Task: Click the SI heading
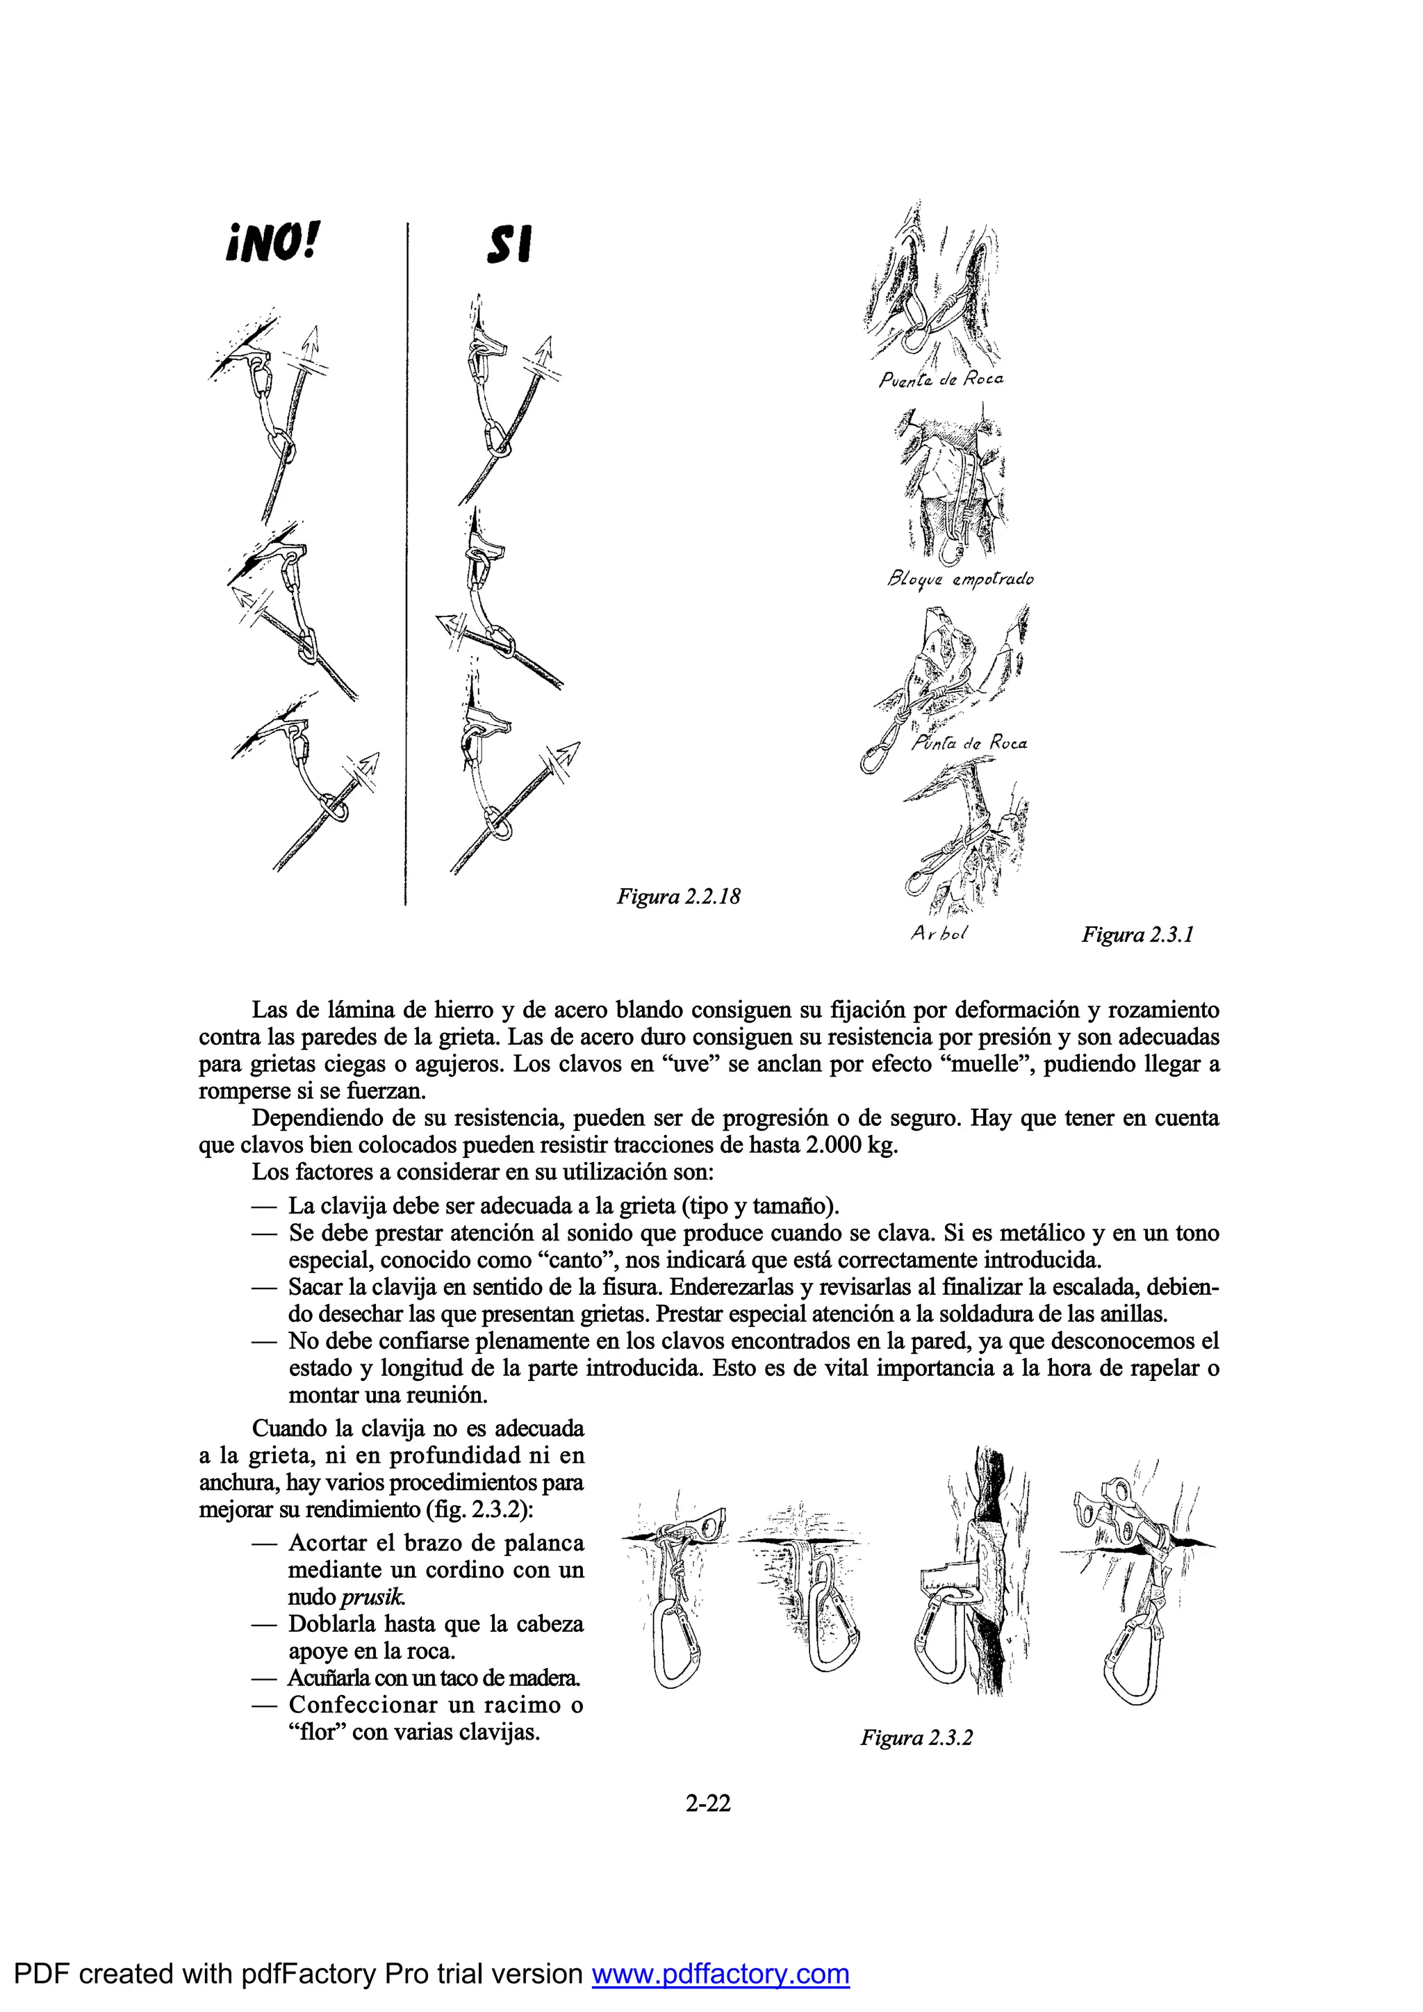510,245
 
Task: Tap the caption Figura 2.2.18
678,897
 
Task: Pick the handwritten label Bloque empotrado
960,578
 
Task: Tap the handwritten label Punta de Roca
969,743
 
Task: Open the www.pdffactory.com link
721,1974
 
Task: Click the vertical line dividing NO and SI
406,561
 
